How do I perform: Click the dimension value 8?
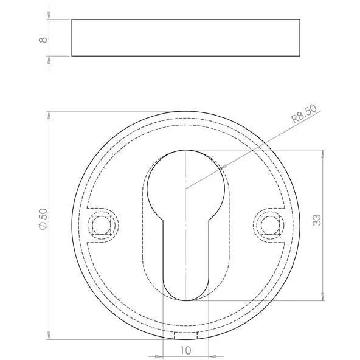coord(43,40)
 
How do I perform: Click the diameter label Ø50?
coord(43,219)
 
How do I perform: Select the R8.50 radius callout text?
coord(304,114)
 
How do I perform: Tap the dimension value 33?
coord(317,220)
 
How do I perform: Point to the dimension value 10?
coord(185,351)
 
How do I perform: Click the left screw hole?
coord(101,225)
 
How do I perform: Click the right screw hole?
coord(270,225)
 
